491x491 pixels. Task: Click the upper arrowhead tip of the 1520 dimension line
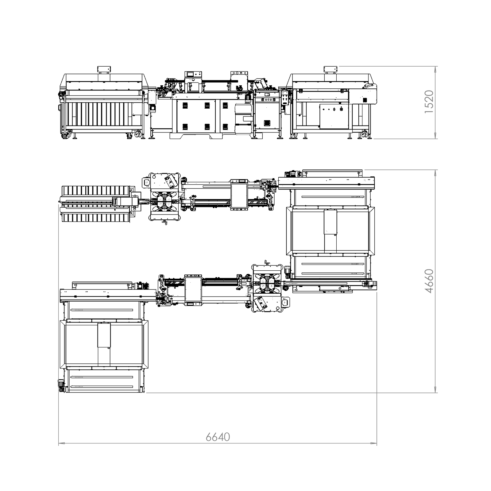(x=435, y=66)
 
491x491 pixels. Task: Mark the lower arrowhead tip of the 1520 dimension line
(x=435, y=138)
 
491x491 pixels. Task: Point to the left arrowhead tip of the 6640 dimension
(x=59, y=443)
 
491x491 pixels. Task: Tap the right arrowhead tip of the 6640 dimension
(x=377, y=443)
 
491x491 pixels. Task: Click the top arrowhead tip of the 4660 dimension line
(x=435, y=170)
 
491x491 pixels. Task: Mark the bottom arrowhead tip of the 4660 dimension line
(x=435, y=392)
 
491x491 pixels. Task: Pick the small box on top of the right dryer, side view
(x=331, y=69)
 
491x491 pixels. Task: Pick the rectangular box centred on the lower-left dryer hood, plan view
(x=104, y=335)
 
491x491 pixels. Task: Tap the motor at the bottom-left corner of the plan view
(x=61, y=385)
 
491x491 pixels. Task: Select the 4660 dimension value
(x=429, y=281)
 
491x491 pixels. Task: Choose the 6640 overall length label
(x=218, y=437)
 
